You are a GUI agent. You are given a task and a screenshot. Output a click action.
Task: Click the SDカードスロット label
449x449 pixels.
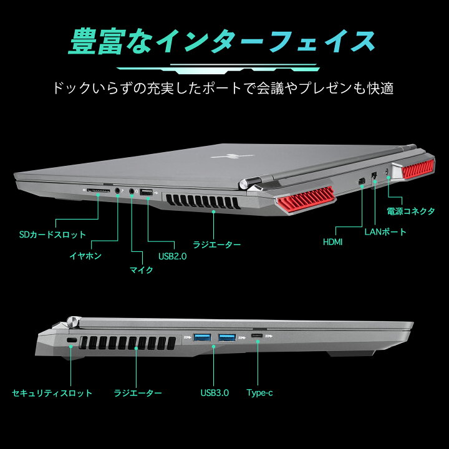coord(52,234)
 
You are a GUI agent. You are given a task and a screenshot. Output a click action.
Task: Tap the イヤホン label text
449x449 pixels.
coord(85,256)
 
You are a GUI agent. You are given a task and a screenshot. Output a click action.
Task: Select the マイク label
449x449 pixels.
coord(141,270)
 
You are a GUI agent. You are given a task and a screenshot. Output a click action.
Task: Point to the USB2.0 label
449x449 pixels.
coord(172,256)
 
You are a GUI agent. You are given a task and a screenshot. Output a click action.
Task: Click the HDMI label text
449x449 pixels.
coord(332,242)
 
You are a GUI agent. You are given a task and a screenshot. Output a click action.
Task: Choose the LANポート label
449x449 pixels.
coord(385,231)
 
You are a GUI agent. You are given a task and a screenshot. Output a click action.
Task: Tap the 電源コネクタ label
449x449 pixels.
coord(410,211)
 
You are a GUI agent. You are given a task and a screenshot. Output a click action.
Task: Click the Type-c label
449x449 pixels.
coord(259,393)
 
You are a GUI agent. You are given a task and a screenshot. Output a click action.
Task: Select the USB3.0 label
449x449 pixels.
coord(215,393)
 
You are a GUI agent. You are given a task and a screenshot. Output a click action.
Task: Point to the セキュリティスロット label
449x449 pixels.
coord(52,393)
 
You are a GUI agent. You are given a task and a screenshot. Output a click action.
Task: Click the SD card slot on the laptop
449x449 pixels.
coord(99,190)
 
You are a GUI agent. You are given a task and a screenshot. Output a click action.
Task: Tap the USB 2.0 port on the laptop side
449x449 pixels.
coord(146,192)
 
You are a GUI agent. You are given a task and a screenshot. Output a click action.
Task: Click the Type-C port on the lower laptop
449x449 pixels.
coord(257,336)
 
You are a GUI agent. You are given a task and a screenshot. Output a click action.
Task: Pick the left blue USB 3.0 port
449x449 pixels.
coord(202,337)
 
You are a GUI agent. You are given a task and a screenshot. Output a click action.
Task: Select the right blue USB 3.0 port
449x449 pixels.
coord(227,337)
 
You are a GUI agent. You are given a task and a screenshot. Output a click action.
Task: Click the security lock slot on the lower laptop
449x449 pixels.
coord(72,340)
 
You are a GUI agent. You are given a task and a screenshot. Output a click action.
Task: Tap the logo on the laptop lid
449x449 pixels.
coord(231,156)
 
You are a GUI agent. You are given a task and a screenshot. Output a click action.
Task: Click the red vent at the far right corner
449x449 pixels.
coord(417,170)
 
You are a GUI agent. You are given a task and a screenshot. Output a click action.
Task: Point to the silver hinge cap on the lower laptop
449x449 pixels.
coord(74,323)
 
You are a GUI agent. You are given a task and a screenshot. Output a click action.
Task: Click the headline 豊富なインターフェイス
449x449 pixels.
coord(221,41)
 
